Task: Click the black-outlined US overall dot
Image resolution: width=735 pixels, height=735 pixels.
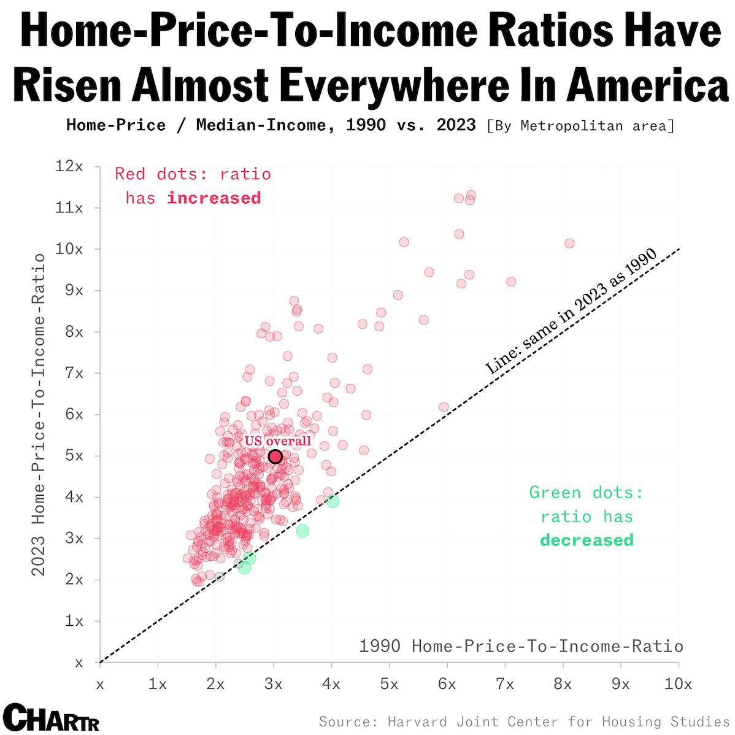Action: (x=275, y=456)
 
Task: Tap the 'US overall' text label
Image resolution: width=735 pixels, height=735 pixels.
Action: (x=278, y=441)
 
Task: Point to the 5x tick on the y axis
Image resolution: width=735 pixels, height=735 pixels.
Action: (x=74, y=456)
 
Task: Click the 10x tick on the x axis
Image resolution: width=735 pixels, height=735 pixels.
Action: (x=678, y=685)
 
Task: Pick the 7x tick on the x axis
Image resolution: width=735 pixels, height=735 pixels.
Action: (x=504, y=685)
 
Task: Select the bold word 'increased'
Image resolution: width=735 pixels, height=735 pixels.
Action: (x=214, y=198)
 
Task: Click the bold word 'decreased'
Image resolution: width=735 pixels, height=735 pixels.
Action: (x=587, y=540)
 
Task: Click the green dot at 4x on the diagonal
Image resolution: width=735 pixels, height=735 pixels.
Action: (x=333, y=501)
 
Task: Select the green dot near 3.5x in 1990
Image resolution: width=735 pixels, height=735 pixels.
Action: (x=302, y=531)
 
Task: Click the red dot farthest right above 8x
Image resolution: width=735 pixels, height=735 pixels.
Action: (x=569, y=244)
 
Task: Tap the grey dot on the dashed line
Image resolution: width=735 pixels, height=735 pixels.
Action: (x=220, y=577)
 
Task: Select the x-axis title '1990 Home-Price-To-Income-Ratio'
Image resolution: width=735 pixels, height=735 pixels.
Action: (x=521, y=646)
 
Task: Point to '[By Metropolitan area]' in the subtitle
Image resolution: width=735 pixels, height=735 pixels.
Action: (x=580, y=126)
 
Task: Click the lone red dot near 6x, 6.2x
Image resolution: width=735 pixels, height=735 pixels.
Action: (x=444, y=407)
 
